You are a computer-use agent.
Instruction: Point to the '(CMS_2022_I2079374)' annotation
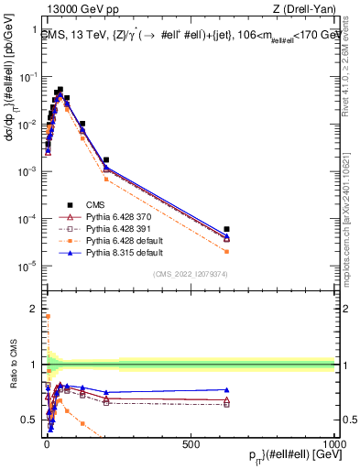point(190,273)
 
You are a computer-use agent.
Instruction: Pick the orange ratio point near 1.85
point(47,317)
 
